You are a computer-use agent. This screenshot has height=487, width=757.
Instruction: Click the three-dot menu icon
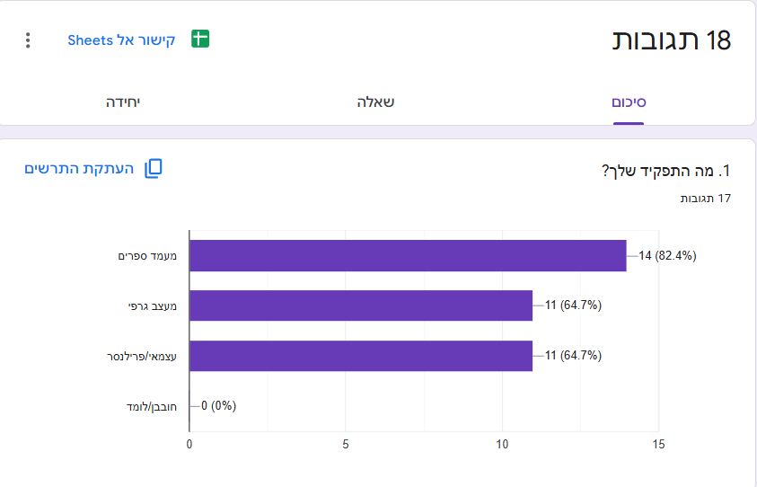tap(28, 40)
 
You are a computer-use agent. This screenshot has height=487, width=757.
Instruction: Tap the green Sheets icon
tap(200, 40)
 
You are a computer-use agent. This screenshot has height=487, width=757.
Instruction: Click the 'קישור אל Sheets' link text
tap(121, 40)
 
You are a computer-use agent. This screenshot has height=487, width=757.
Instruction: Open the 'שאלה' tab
tap(375, 102)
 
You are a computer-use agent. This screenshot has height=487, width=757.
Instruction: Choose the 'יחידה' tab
tap(123, 102)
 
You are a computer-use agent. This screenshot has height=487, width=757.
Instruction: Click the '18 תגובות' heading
tap(671, 40)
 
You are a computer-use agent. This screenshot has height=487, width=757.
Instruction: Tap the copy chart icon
tap(153, 169)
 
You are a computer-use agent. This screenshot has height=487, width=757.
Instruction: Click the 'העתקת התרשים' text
tap(79, 169)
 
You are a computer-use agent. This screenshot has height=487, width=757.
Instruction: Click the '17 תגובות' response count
tap(705, 199)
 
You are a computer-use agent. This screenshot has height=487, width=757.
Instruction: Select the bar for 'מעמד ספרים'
tap(408, 255)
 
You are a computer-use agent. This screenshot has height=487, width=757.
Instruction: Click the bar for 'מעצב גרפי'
tap(361, 305)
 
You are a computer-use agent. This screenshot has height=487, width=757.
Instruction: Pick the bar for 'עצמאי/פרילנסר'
tap(361, 356)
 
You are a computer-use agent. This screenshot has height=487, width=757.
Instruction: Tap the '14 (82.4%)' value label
tap(667, 255)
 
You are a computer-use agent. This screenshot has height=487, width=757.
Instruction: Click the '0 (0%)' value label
tap(218, 405)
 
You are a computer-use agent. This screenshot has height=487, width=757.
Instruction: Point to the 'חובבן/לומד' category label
tap(152, 406)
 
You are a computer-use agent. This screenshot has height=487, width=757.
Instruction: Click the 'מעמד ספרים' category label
tap(147, 256)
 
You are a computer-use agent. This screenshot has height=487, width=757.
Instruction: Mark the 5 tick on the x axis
tap(346, 444)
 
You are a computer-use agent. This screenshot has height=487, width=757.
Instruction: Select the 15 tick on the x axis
tap(658, 444)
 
